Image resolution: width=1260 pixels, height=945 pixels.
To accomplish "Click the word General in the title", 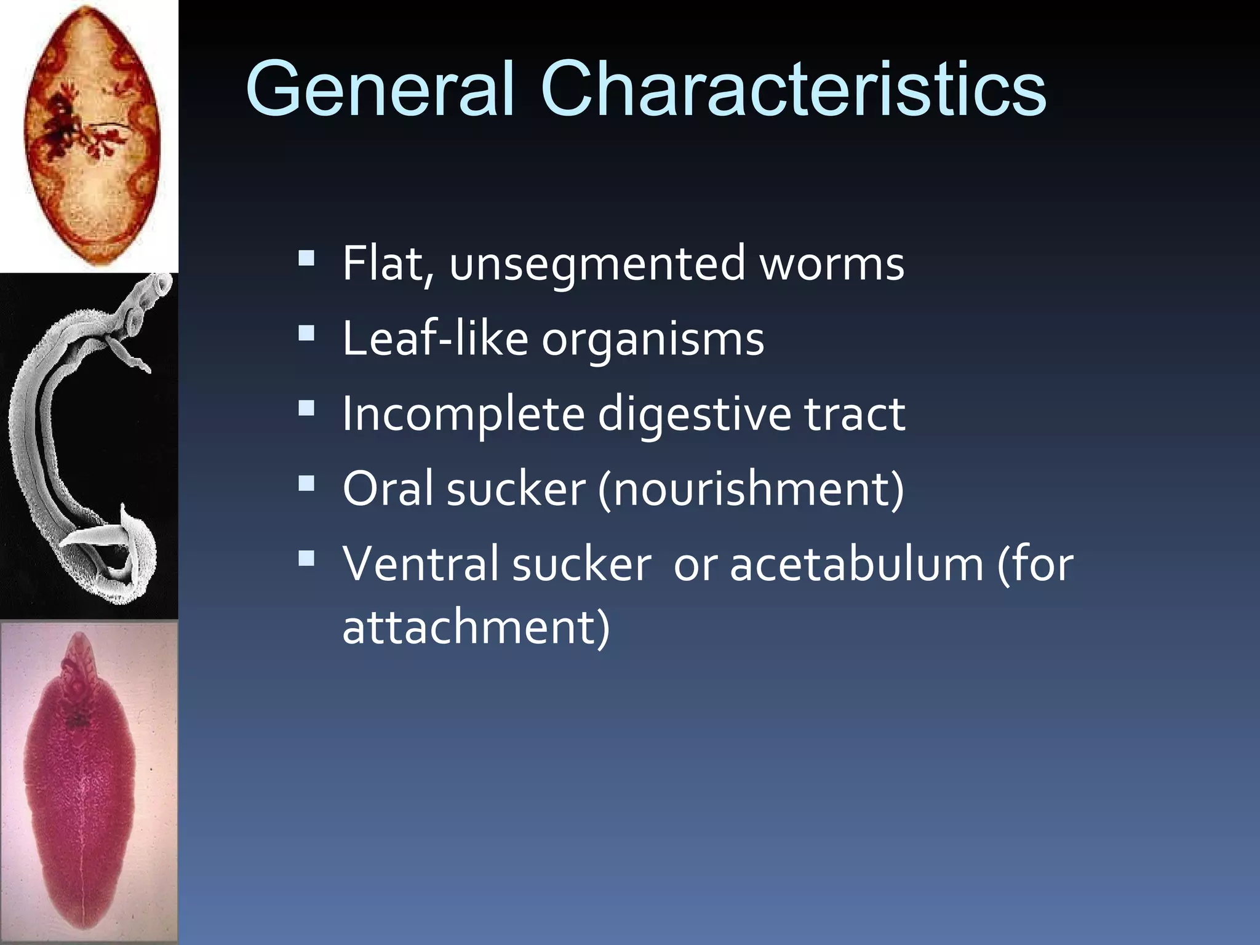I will click(380, 89).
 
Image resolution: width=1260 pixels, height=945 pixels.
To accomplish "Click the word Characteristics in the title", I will click(793, 89).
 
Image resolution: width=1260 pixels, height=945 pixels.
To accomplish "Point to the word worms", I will click(832, 264).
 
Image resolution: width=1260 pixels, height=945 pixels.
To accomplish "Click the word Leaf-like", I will click(435, 339).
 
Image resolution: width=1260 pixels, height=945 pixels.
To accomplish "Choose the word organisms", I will click(652, 339).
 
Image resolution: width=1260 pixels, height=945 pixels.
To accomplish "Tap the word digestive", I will click(694, 414).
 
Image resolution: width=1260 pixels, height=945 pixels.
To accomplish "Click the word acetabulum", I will click(856, 564).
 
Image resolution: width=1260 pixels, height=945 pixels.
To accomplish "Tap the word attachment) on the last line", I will click(476, 628).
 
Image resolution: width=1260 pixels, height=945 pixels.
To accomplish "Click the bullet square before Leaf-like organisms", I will click(306, 334).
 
